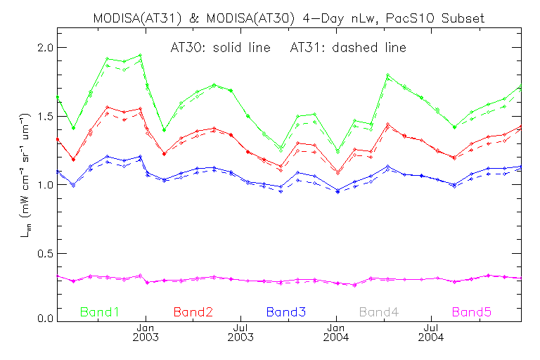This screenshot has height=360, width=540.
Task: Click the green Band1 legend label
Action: (x=101, y=311)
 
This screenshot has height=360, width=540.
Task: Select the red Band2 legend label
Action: (x=193, y=311)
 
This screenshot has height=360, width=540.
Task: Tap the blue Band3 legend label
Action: (x=286, y=311)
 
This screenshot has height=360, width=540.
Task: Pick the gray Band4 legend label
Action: (x=379, y=311)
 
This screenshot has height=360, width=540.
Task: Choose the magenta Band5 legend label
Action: (x=472, y=311)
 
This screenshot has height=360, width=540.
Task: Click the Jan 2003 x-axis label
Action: (x=146, y=332)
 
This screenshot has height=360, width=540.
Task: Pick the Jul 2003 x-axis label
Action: (x=241, y=332)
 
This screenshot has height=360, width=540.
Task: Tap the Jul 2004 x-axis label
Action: (x=431, y=332)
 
